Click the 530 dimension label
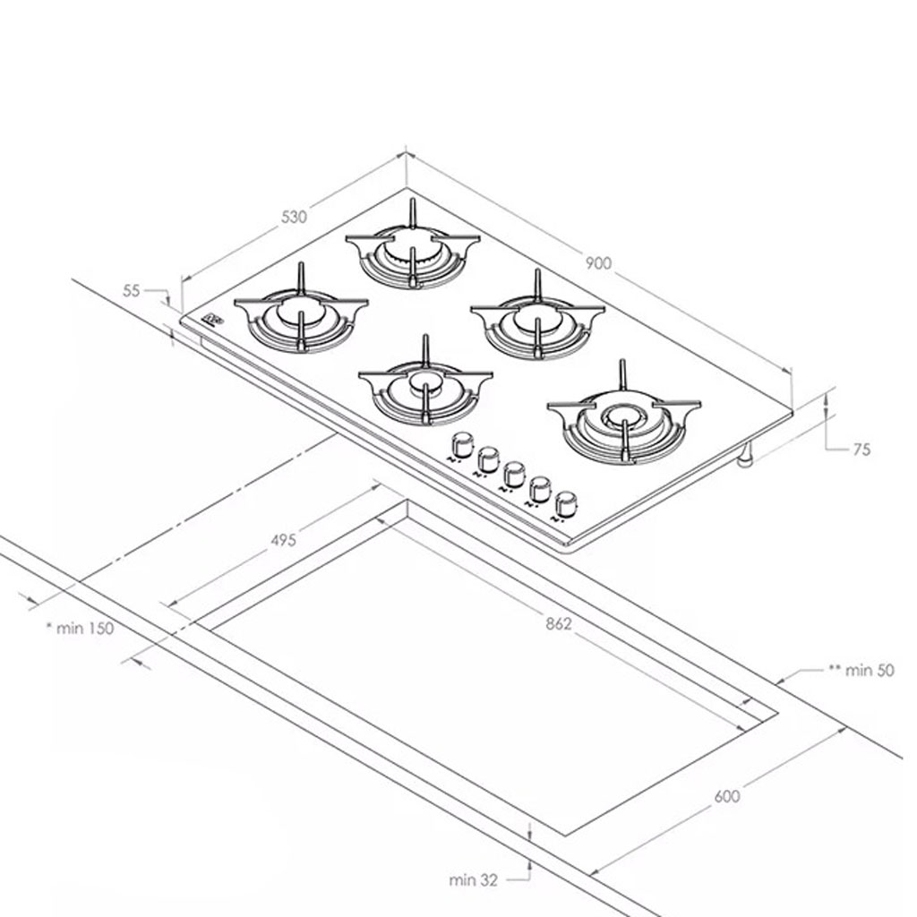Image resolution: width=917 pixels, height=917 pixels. coord(294,217)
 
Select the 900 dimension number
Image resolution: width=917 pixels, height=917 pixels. coord(598,263)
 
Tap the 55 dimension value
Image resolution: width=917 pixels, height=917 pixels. coord(132,291)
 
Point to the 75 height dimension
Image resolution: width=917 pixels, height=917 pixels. coord(861,450)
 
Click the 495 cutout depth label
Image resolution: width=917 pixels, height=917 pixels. coord(284,540)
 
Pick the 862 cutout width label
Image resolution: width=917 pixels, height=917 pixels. coord(559,624)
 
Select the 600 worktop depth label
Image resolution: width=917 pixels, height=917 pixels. coord(727,796)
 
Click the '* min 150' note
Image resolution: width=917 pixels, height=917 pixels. coord(80,629)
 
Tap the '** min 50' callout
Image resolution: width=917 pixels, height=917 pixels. coord(861,670)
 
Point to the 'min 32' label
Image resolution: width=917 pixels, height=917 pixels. coord(473,879)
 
